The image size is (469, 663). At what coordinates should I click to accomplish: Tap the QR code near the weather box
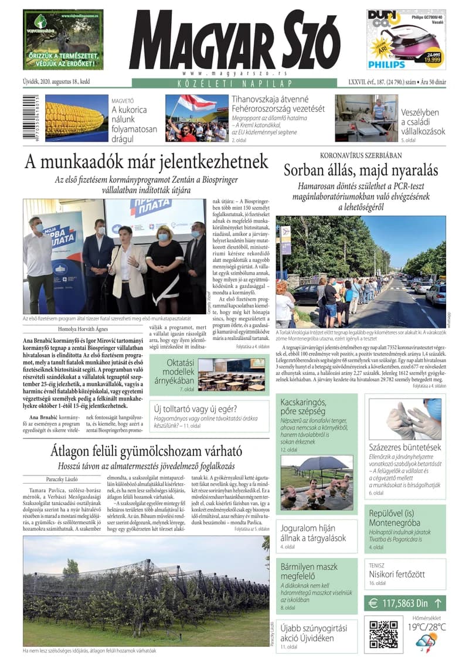coord(383,634)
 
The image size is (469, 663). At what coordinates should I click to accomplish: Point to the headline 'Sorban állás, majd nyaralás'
coord(361,171)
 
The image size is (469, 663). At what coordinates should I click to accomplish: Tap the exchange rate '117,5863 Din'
coord(405,603)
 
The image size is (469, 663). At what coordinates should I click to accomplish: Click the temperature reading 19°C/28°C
coord(426,627)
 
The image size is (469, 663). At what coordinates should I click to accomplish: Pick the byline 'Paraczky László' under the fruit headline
coord(66,479)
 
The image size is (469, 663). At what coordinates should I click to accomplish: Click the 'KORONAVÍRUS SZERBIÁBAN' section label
coord(361,155)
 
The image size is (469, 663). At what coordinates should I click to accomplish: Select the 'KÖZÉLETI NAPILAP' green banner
coord(235,83)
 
